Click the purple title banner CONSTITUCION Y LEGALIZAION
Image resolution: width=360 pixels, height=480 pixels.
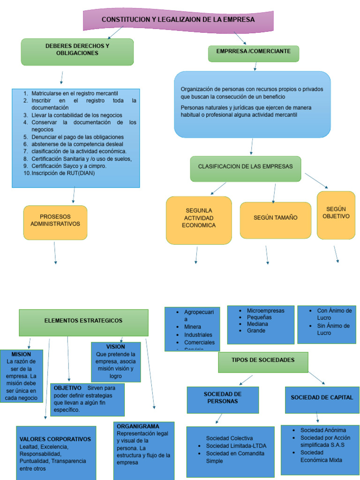178,20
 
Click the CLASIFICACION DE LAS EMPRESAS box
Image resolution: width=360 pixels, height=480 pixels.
245,168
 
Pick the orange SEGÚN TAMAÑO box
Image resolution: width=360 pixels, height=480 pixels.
275,219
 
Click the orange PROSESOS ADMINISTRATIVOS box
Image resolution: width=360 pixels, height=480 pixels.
55,221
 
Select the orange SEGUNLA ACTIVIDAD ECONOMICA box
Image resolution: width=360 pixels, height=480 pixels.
199,219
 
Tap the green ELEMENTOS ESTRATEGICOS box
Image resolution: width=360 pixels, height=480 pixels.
83,322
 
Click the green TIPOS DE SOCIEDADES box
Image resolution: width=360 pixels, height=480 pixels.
263,361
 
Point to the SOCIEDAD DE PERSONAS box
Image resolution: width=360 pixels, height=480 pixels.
223,398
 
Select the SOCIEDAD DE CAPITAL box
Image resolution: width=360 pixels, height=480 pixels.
322,398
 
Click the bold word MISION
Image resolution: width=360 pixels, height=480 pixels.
21,355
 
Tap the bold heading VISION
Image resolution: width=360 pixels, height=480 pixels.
116,347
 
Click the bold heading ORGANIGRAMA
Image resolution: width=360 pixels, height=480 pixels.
138,427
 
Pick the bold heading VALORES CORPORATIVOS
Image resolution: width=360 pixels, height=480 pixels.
55,440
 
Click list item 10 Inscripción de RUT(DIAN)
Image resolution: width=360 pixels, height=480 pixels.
63,173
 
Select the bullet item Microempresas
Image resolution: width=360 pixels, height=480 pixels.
265,311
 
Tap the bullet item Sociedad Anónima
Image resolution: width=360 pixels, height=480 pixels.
323,430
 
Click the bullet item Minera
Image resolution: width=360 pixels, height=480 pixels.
193,327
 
